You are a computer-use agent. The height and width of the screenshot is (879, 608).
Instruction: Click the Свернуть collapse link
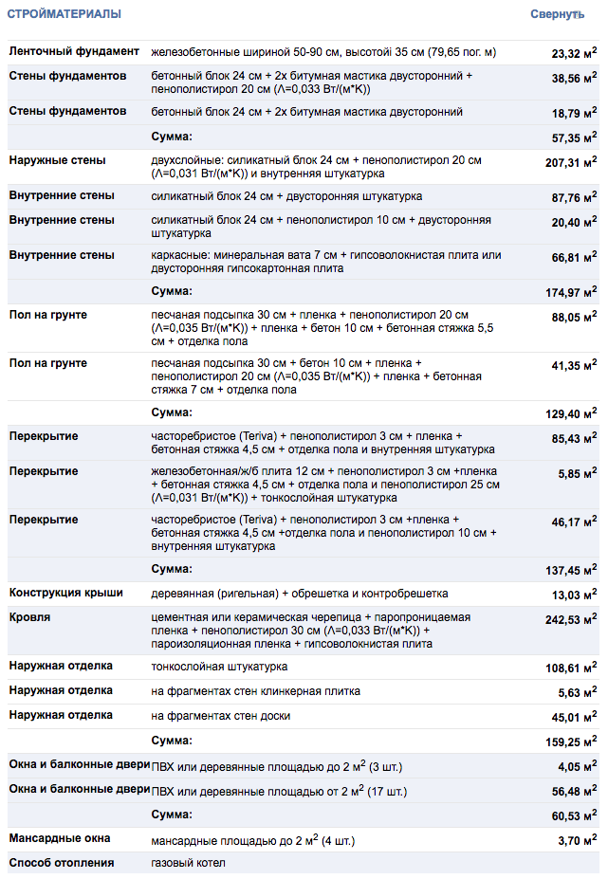click(x=557, y=15)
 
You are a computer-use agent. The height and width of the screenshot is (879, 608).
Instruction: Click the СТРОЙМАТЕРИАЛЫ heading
click(x=64, y=15)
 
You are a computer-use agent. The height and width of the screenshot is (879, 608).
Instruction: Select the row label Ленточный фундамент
click(x=74, y=51)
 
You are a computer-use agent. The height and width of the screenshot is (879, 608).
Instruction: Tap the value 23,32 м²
click(x=574, y=53)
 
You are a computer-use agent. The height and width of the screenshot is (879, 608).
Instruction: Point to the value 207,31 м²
click(x=571, y=162)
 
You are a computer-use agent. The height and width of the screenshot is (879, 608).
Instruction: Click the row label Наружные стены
click(x=57, y=160)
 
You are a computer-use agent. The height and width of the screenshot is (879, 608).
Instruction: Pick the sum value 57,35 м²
click(x=574, y=137)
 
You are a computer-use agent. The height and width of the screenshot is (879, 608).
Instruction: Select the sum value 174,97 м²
click(x=571, y=291)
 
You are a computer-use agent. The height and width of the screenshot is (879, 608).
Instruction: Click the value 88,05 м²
click(x=574, y=318)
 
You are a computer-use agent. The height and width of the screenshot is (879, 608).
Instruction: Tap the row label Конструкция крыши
click(x=66, y=593)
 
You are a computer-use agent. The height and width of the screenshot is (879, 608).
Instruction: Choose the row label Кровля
click(x=30, y=617)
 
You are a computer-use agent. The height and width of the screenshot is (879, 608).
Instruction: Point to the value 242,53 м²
click(x=571, y=619)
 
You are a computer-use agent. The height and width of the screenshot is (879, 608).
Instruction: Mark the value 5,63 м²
click(x=578, y=692)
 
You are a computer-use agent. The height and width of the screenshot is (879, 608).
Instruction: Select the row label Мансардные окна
click(x=60, y=838)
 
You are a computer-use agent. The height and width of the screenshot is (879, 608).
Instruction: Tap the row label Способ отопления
click(x=62, y=863)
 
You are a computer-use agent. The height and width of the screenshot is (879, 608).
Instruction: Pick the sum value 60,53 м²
click(x=574, y=815)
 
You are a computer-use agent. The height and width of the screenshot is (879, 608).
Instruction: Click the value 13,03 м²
click(x=574, y=595)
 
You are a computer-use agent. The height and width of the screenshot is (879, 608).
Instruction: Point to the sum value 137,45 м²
click(x=571, y=570)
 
